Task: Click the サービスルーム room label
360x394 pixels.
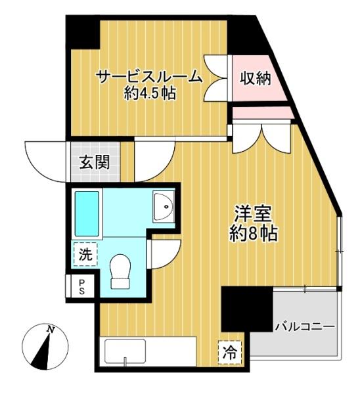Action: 150,77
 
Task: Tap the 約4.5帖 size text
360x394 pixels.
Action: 150,94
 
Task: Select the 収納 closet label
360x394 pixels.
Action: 255,78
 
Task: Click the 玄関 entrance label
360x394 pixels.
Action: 95,162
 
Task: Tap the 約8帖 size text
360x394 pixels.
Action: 254,233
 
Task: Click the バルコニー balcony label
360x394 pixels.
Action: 305,327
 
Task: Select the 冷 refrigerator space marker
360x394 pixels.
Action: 230,352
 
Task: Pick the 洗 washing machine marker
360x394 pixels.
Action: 85,254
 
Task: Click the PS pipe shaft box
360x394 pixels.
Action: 82,287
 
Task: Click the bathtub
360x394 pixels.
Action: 87,214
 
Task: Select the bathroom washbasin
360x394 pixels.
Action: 164,207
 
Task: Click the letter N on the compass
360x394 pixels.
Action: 51,330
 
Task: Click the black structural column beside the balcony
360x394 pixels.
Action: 246,309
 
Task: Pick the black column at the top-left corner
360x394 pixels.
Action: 83,32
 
